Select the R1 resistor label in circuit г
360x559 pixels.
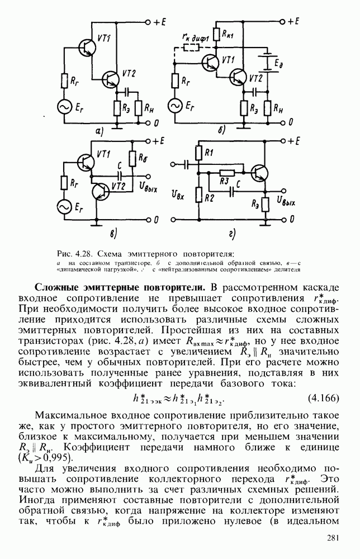click(209, 152)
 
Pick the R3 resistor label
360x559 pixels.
click(224, 181)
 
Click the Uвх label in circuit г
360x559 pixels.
click(177, 195)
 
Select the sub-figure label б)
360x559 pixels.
click(221, 131)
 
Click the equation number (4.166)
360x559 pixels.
click(324, 398)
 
